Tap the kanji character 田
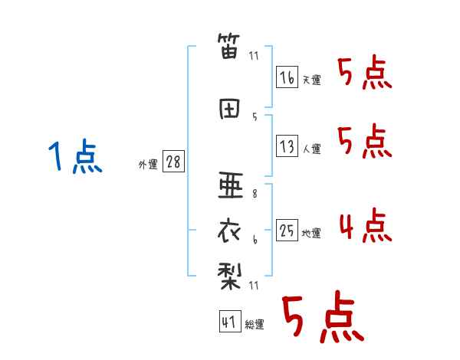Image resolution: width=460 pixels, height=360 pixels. (230, 109)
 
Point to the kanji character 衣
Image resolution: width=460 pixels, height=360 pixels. (230, 229)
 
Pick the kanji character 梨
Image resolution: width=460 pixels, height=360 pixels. (230, 274)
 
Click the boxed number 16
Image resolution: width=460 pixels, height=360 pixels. (287, 77)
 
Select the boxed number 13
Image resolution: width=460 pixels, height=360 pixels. (287, 146)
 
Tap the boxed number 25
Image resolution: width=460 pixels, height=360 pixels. (287, 231)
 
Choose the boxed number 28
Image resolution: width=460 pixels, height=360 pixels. (173, 163)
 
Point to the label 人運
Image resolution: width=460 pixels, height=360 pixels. (312, 149)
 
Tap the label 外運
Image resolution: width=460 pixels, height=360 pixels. (148, 165)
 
